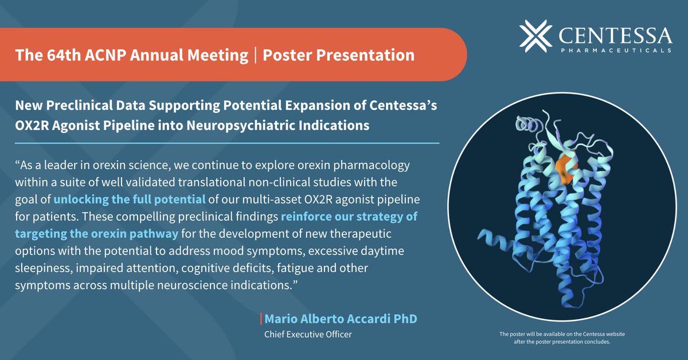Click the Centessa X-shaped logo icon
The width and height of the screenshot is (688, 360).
[537, 34]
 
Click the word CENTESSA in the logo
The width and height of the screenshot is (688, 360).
[615, 36]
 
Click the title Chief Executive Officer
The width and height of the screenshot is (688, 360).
[307, 334]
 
